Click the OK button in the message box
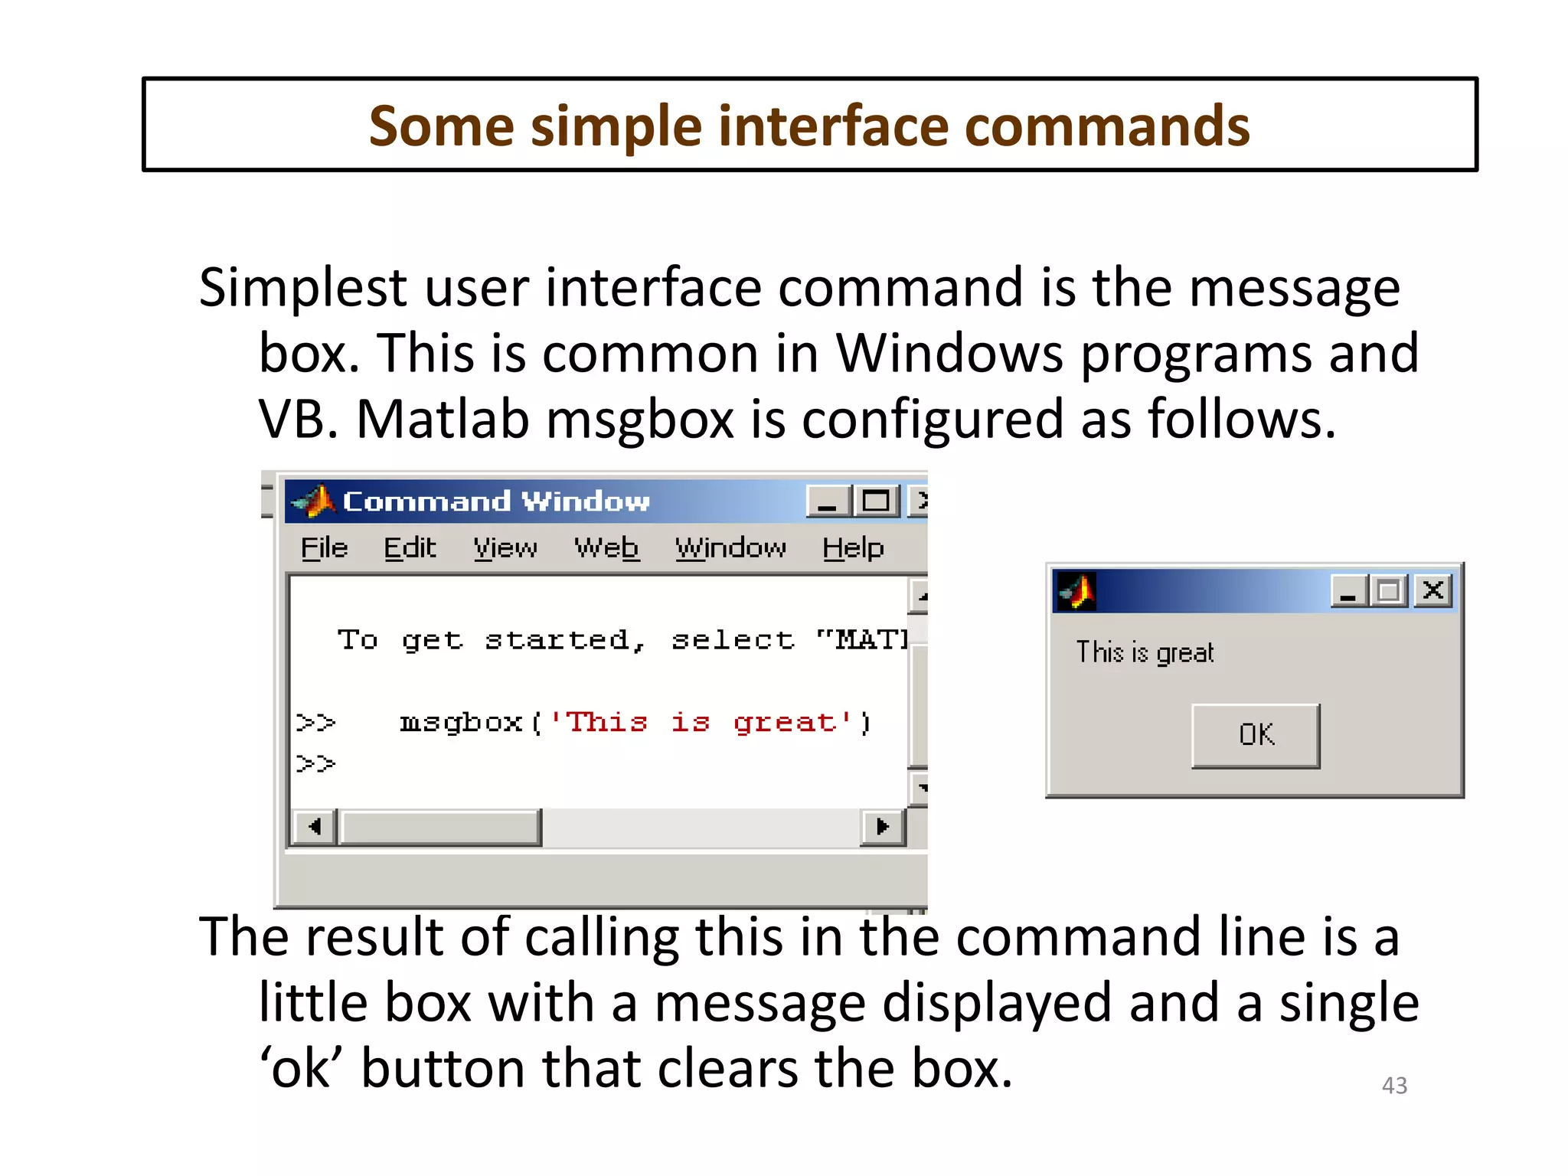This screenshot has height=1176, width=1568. pos(1256,735)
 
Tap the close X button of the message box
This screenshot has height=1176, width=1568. pos(1433,590)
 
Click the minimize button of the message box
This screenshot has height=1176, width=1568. pos(1349,591)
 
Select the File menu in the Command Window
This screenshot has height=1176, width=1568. pos(324,548)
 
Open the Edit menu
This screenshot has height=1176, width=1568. pos(410,548)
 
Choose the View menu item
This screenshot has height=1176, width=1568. pos(505,548)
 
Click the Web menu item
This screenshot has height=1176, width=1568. pos(606,548)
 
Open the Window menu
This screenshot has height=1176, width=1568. pos(730,548)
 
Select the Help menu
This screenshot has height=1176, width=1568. pos(853,548)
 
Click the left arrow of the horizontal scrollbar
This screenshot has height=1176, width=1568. pos(314,827)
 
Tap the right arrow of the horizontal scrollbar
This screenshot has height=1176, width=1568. pos(883,827)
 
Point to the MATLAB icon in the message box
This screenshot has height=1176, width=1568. pos(1076,591)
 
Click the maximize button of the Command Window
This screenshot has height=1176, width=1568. pos(877,501)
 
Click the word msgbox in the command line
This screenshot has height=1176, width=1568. pos(461,723)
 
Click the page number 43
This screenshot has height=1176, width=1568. pos(1394,1085)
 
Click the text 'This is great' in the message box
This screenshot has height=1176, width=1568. pos(1145,652)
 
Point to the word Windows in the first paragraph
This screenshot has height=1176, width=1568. pos(949,353)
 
